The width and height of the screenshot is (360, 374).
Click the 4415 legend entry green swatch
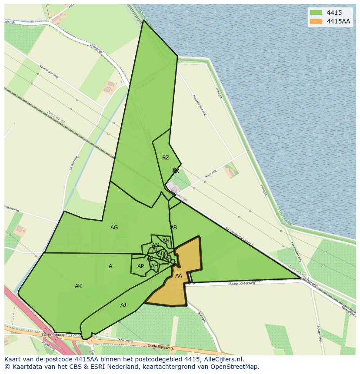(316, 13)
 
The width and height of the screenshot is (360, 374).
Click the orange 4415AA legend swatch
(316, 21)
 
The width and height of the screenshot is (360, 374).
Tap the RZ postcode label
(166, 158)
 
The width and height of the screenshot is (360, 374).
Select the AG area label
(114, 228)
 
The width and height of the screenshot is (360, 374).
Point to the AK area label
(78, 286)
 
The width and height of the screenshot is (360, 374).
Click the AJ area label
(123, 305)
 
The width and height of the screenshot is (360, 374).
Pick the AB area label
(173, 228)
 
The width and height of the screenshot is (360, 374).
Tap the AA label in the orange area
(179, 276)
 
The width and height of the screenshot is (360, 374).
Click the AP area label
(140, 266)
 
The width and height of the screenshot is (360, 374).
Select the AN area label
(166, 241)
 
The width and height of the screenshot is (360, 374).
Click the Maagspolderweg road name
(240, 284)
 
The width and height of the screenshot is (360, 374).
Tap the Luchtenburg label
(53, 335)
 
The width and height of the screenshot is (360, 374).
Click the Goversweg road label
(124, 341)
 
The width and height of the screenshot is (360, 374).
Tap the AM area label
(156, 245)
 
